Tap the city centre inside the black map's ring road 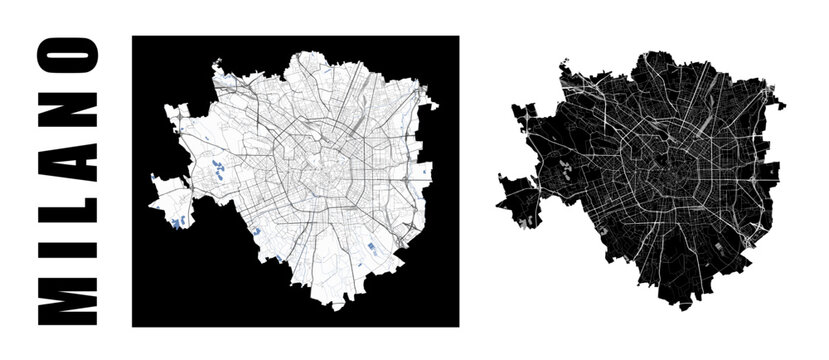pyautogui.click(x=663, y=173)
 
